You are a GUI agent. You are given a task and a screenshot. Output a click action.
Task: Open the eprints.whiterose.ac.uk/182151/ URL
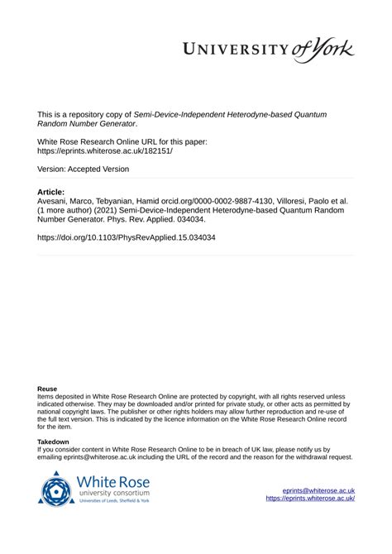[105, 152]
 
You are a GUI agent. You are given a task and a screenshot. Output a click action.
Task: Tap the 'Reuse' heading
[47, 388]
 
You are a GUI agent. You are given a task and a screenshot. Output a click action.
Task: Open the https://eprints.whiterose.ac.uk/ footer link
[310, 499]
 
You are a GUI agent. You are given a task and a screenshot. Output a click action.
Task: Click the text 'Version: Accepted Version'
[83, 170]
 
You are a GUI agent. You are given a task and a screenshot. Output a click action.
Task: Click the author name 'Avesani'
[55, 201]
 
